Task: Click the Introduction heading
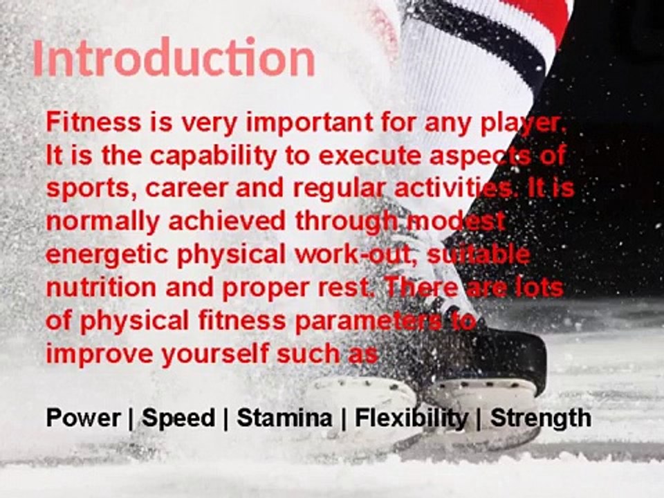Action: pyautogui.click(x=174, y=59)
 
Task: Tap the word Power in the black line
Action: pyautogui.click(x=82, y=418)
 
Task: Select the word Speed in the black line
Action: pyautogui.click(x=178, y=418)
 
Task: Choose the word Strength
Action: pyautogui.click(x=540, y=418)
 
